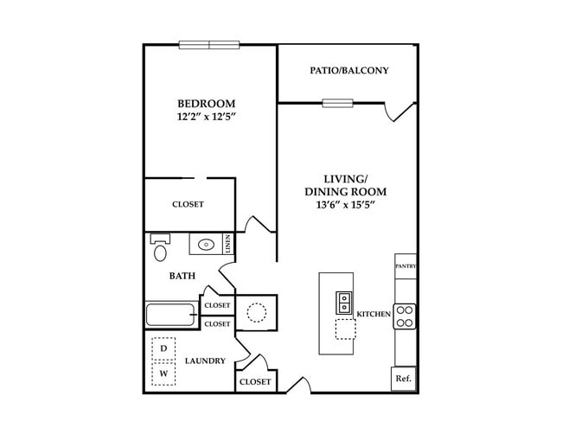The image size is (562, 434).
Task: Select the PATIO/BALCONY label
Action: tap(349, 71)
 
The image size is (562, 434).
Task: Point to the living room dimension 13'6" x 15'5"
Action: tap(345, 206)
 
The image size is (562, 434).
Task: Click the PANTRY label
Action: tap(406, 266)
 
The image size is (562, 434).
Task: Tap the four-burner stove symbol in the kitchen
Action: tap(406, 316)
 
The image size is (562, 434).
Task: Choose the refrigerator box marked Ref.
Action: tap(403, 379)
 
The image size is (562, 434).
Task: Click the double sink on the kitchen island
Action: tap(343, 302)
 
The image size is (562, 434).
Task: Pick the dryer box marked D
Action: tap(163, 348)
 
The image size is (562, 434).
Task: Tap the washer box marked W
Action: tap(163, 374)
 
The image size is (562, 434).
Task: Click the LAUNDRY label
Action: tap(205, 361)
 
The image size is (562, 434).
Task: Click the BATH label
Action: tap(182, 277)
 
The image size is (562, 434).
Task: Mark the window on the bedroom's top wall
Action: tap(209, 45)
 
